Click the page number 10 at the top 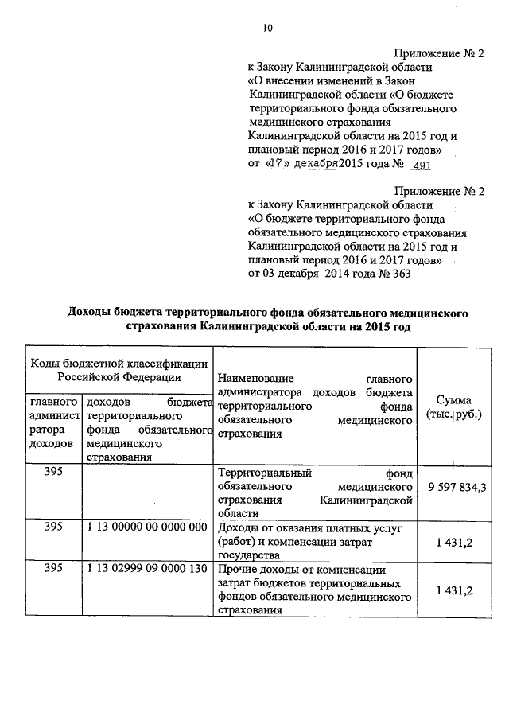267,29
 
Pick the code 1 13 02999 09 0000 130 148,570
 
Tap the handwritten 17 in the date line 275,163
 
